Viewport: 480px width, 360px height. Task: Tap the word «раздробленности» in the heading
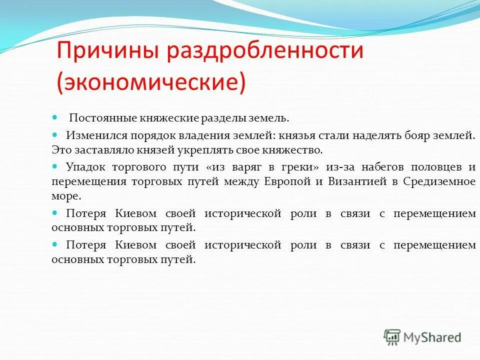click(265, 52)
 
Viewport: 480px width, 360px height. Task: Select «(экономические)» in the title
click(151, 82)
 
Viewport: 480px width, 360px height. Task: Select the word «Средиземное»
click(443, 181)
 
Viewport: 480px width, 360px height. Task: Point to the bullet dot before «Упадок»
click(55, 166)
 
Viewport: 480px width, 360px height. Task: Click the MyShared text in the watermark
click(432, 337)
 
